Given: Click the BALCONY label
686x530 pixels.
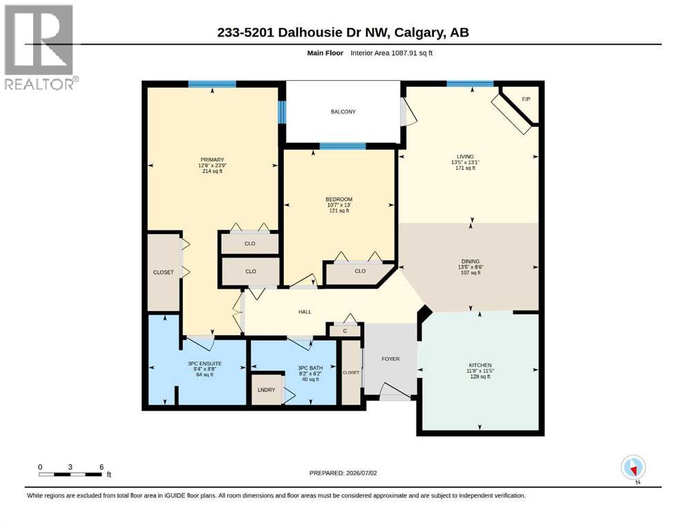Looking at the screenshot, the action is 343,112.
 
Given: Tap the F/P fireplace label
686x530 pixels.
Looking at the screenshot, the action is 526,99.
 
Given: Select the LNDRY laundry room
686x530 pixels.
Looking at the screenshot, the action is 267,390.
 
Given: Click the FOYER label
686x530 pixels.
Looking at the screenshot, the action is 391,359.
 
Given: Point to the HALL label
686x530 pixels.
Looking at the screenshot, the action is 305,312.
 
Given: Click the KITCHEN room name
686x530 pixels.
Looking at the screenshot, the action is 480,365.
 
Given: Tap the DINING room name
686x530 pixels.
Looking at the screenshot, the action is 470,262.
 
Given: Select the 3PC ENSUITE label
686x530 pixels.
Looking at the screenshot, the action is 204,364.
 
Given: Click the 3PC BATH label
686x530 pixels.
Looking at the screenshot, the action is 310,369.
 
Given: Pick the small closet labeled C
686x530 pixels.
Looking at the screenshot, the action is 345,331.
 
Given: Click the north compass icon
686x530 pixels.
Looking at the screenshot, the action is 633,468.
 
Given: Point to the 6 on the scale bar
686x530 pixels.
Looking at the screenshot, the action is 102,467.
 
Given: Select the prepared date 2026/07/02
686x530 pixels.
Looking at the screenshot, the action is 361,473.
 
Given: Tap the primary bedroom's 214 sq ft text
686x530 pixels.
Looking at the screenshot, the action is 212,171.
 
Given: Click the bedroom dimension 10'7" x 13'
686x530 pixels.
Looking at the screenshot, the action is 339,205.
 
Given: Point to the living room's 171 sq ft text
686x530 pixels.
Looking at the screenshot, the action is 465,168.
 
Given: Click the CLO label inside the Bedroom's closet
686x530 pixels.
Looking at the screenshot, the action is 360,271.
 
